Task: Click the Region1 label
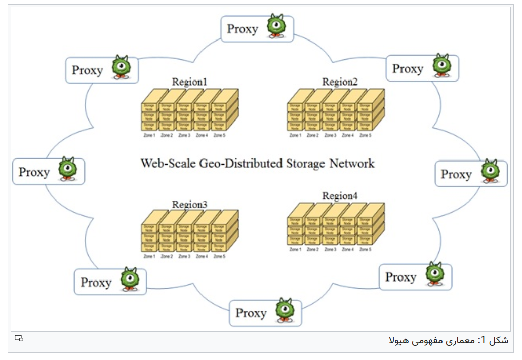click(x=189, y=82)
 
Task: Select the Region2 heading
click(x=340, y=82)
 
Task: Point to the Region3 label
click(x=189, y=205)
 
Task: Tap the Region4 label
click(x=340, y=196)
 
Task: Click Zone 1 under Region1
click(x=149, y=136)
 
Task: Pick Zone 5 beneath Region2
click(x=365, y=136)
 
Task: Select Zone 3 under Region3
click(x=184, y=257)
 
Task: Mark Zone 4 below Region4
click(x=348, y=250)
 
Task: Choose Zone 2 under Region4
click(x=313, y=250)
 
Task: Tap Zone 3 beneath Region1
click(x=184, y=136)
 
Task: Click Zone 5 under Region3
click(x=219, y=257)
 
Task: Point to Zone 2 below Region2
click(x=313, y=136)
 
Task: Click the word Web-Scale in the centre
click(x=167, y=164)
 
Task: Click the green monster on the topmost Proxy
click(x=276, y=26)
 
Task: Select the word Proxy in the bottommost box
click(x=251, y=313)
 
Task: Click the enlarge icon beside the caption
click(x=19, y=338)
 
